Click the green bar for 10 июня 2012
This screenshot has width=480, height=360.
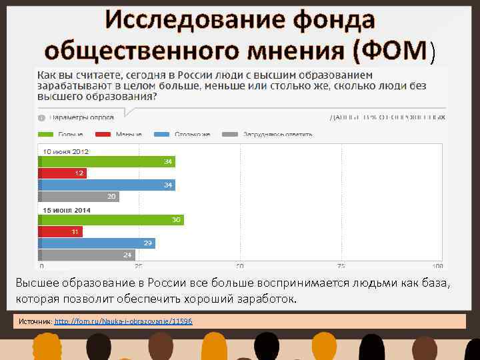point(107,161)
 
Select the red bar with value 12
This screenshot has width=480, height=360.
point(62,173)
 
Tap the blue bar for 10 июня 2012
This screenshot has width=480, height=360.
point(107,185)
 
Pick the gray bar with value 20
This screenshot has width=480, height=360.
point(79,197)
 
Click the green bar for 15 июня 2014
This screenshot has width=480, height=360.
point(111,220)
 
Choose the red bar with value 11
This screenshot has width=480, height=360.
point(60,232)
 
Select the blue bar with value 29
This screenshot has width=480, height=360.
point(97,243)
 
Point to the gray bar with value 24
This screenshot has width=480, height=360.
point(87,255)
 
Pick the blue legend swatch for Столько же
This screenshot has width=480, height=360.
point(161,134)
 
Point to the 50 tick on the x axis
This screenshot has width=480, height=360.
point(240,264)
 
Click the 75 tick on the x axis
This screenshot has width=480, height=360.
point(341,264)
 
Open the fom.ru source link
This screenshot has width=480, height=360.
point(123,321)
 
